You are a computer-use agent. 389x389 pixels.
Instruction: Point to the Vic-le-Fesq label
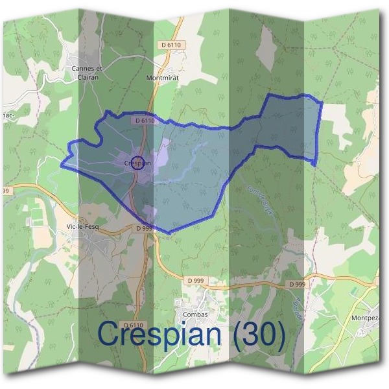(x=82, y=226)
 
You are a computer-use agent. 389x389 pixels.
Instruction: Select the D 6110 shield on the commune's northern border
(x=147, y=121)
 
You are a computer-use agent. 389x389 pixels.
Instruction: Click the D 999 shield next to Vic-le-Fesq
(x=144, y=228)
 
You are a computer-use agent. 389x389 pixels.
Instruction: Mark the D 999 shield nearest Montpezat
(x=297, y=285)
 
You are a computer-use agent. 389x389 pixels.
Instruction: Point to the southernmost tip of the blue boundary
(x=170, y=233)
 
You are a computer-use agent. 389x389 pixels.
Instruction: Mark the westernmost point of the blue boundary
(x=62, y=166)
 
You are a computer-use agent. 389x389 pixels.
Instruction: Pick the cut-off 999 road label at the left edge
(x=5, y=191)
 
